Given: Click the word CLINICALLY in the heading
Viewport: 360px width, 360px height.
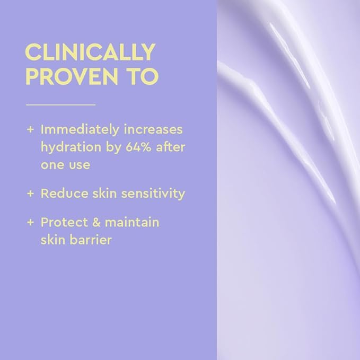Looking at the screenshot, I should pos(90,53).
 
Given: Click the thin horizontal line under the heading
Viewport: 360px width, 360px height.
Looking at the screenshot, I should pos(60,105).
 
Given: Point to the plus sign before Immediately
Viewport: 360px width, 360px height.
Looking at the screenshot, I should pos(30,129).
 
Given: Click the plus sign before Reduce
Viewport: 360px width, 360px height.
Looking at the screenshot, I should pos(30,194).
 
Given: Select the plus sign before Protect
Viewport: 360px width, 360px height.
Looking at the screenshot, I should pos(30,222).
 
